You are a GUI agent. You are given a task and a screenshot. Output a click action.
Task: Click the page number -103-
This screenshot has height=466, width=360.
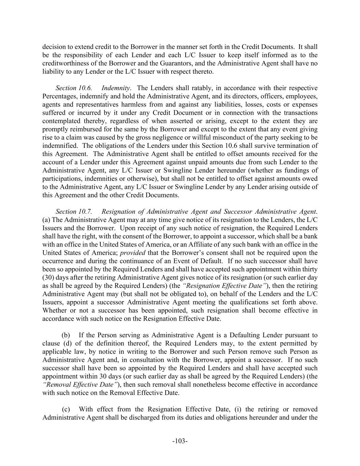click(180, 441)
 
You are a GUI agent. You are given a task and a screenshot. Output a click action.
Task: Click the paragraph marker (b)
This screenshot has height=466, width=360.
click(66, 335)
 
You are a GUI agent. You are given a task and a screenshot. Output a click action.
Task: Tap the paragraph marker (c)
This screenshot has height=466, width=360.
click(66, 409)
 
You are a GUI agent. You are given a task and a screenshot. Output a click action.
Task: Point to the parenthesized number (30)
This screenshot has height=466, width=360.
click(49, 278)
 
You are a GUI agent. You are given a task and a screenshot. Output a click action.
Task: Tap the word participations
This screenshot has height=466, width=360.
click(61, 179)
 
